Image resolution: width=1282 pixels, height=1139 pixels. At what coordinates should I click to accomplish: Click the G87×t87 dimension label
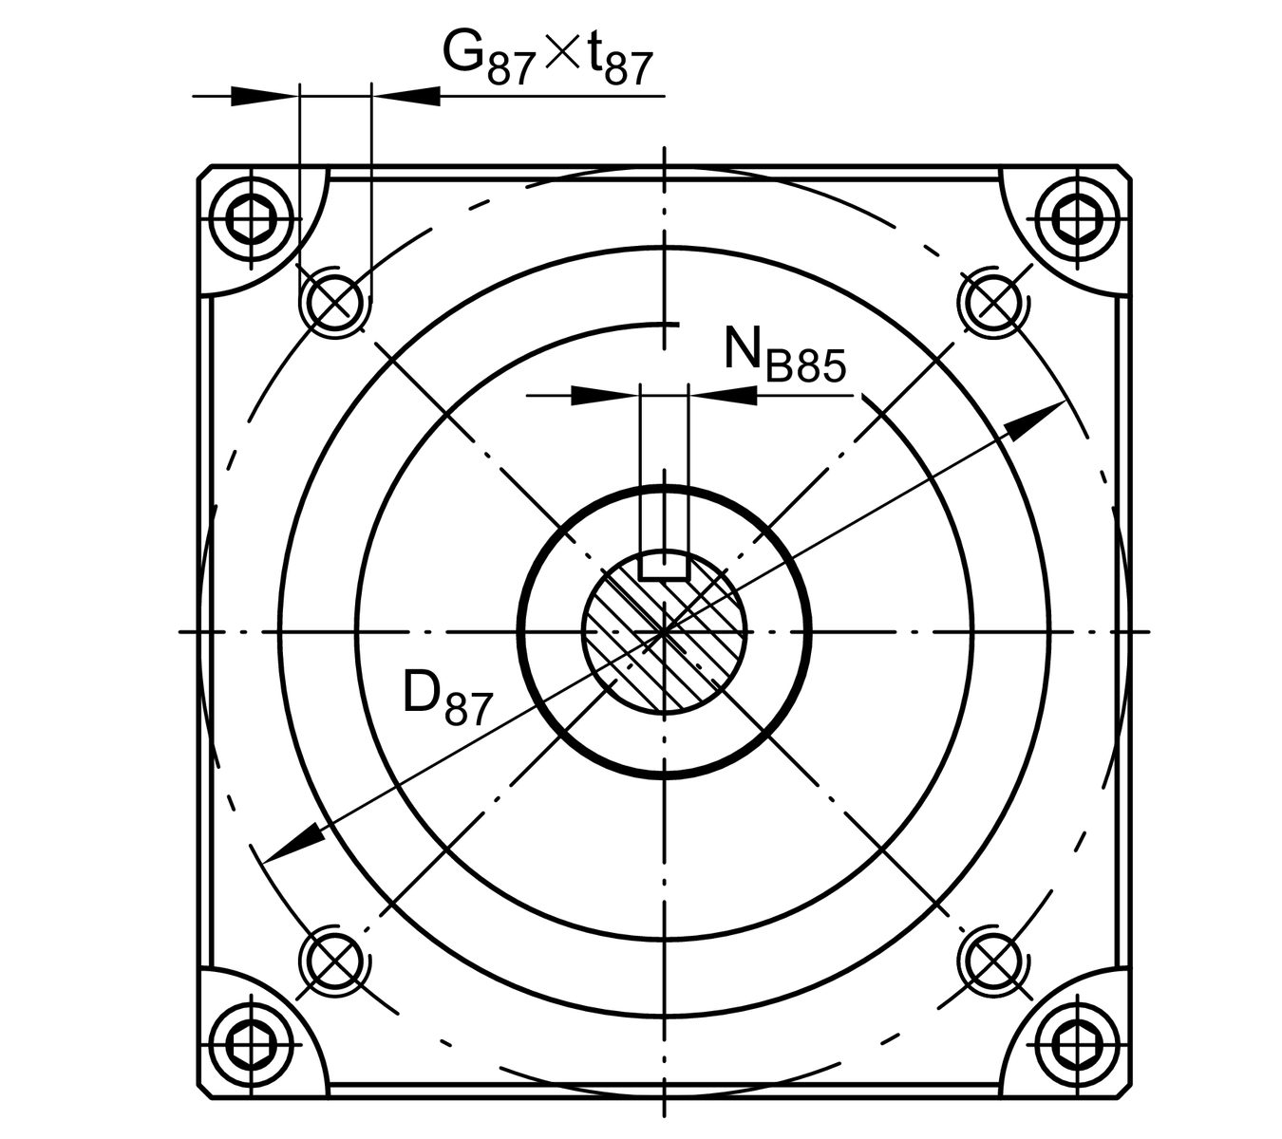point(547,58)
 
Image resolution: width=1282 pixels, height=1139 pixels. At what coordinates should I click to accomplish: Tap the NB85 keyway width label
point(784,354)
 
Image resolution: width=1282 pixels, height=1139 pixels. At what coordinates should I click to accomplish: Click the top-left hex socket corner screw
point(252,219)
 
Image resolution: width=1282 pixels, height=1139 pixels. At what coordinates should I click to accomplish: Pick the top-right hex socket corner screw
point(1077,219)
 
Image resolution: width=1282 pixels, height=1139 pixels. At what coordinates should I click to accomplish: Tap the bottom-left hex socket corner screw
point(252,1045)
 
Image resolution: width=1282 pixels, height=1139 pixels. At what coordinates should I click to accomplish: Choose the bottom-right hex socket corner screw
point(1077,1045)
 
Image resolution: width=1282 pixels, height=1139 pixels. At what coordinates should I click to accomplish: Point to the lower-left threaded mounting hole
point(334,962)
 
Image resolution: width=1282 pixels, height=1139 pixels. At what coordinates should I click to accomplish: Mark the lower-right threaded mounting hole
point(993,962)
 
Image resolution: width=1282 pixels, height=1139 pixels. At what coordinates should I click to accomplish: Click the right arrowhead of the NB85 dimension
point(724,396)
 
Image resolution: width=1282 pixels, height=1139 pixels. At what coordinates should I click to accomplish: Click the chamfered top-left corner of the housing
point(205,173)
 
